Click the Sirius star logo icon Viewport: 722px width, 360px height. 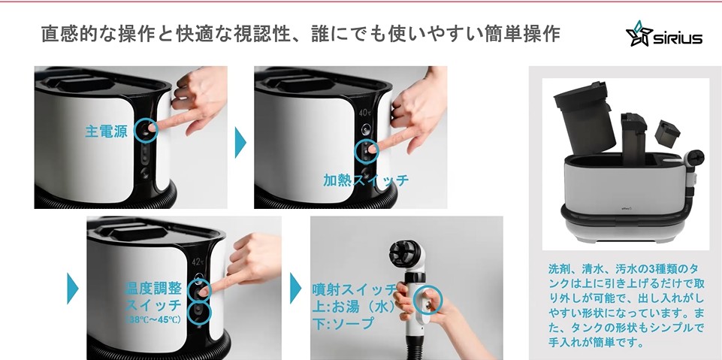tap(639, 34)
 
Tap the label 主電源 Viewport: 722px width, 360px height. tap(107, 132)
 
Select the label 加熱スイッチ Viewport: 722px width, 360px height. tap(366, 180)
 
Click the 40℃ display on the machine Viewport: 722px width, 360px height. tap(365, 112)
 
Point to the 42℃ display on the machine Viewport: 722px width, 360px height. tap(198, 262)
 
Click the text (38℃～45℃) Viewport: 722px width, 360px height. tap(153, 319)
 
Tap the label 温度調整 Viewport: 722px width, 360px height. tap(153, 289)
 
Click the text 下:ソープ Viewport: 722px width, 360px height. tap(343, 323)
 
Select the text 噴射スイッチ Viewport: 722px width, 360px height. tap(355, 290)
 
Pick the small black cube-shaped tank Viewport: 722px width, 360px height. tap(667, 134)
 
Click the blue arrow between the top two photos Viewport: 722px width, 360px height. tap(240, 142)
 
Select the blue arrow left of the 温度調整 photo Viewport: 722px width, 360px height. tap(73, 289)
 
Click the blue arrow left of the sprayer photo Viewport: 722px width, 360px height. tap(295, 288)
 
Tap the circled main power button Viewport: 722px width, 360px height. tap(146, 130)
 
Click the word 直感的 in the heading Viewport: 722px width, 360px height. tap(70, 35)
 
